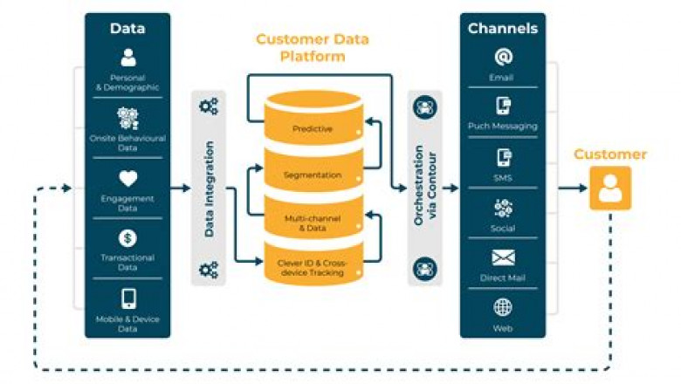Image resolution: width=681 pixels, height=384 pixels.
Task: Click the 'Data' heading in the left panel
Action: pyautogui.click(x=127, y=28)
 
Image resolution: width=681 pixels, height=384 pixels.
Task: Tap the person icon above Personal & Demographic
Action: pyautogui.click(x=128, y=58)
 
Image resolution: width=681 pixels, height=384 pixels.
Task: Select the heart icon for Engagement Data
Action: pyautogui.click(x=128, y=178)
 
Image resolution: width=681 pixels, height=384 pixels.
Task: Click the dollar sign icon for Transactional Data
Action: pyautogui.click(x=128, y=237)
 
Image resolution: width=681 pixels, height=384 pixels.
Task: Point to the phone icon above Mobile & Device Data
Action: pyautogui.click(x=128, y=298)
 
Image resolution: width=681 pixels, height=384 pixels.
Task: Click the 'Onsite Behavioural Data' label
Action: pyautogui.click(x=128, y=143)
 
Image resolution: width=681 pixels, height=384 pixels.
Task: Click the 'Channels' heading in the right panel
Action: pyautogui.click(x=503, y=28)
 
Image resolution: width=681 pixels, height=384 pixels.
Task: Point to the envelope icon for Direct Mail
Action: pyautogui.click(x=503, y=258)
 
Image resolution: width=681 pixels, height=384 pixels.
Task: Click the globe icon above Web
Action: pyautogui.click(x=503, y=307)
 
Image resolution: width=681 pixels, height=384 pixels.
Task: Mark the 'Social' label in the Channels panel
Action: pyautogui.click(x=503, y=228)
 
